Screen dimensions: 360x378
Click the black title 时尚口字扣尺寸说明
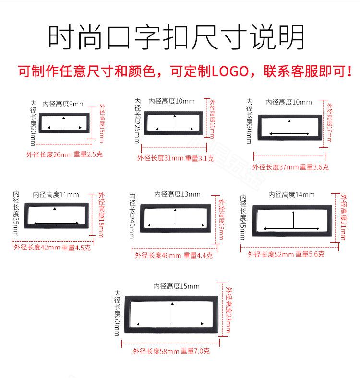[176, 37]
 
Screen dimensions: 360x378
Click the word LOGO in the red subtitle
[230, 71]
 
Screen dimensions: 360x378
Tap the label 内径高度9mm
[64, 104]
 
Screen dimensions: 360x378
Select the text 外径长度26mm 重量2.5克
[64, 154]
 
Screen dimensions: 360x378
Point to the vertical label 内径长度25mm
[137, 121]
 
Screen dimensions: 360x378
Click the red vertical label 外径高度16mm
[212, 119]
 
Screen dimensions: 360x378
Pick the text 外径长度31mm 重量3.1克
[175, 158]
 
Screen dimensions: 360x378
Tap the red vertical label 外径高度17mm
[329, 123]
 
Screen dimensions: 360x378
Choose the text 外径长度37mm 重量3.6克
[290, 167]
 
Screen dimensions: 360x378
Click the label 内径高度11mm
[56, 195]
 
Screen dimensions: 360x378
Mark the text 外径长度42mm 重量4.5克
[52, 248]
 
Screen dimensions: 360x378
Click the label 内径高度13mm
[177, 194]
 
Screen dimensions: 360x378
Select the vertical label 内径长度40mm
[132, 216]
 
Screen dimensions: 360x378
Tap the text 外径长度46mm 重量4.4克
[174, 255]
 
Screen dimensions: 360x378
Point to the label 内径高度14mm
[291, 195]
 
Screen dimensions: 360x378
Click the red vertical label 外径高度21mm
[343, 217]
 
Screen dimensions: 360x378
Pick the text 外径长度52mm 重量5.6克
[286, 254]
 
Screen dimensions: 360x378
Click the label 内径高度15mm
[176, 286]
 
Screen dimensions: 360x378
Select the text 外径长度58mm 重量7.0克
[171, 351]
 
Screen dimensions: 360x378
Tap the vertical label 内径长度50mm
[117, 313]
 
